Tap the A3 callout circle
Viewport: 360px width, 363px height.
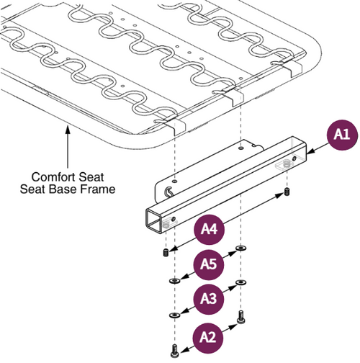[207, 297]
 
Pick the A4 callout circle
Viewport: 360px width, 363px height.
[207, 231]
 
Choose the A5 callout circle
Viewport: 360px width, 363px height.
[207, 264]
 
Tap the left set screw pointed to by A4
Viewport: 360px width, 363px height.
[166, 253]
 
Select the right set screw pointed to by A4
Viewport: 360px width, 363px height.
[287, 193]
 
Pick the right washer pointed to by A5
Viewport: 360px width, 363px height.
[240, 250]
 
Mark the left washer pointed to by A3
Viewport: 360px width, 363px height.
[173, 314]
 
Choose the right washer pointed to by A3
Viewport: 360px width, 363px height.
[240, 282]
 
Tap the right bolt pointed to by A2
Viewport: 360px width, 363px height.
[240, 315]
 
